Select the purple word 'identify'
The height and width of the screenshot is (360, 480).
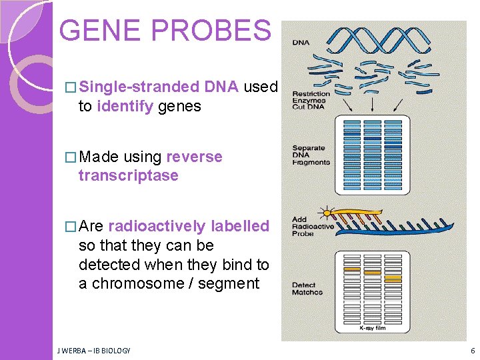125,106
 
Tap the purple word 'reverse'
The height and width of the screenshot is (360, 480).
194,157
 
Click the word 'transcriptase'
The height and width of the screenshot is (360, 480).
128,175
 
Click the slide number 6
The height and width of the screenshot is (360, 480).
473,351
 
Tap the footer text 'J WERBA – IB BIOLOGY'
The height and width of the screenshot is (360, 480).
93,351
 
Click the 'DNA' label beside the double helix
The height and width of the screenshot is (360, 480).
300,42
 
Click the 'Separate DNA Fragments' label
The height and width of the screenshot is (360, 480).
310,155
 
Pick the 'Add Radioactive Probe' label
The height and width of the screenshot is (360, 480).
312,227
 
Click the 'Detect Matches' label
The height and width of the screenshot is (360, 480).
307,289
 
